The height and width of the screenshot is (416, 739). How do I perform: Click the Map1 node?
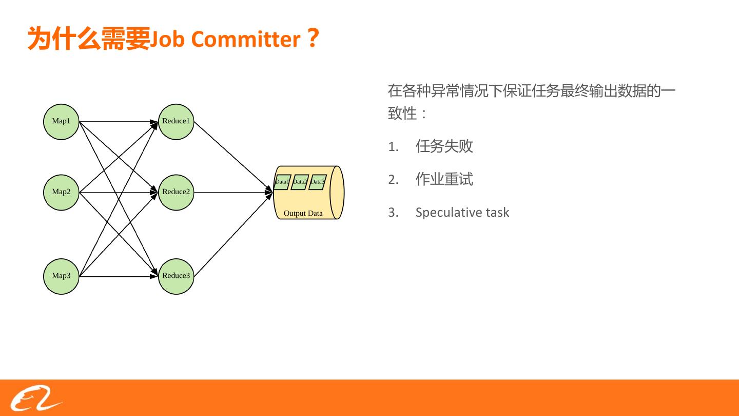(61, 122)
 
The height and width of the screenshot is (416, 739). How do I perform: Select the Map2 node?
(61, 192)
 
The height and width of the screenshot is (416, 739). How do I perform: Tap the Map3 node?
(61, 276)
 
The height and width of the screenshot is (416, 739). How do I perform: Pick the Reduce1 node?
(176, 122)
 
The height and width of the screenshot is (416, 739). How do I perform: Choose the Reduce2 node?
(176, 192)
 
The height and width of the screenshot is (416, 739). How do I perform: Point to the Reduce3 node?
(176, 276)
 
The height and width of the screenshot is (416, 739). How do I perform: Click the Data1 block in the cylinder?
(282, 182)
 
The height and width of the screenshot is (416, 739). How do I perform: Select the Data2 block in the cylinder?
(300, 182)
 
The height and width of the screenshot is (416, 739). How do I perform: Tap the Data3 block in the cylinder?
(317, 182)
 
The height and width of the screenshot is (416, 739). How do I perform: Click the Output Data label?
(303, 213)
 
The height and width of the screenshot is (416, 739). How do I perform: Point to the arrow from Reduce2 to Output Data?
(234, 193)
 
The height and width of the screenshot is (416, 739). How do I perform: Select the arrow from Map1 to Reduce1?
(119, 122)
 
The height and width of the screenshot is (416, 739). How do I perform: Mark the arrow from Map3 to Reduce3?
(119, 276)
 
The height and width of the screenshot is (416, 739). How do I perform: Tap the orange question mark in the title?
(313, 39)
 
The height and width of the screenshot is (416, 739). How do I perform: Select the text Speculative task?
(462, 213)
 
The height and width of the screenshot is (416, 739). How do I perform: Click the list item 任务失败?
(444, 146)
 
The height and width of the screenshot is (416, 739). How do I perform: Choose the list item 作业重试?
(444, 179)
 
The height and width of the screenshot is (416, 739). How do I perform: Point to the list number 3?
(393, 213)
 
